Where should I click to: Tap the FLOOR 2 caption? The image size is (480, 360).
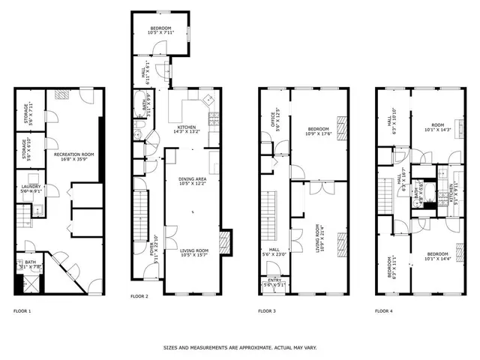[139, 296]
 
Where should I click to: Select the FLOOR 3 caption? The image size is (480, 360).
[267, 310]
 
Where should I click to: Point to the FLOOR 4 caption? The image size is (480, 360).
[385, 310]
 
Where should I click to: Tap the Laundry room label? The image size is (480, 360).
[31, 188]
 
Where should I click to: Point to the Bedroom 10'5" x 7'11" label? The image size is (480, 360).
[158, 29]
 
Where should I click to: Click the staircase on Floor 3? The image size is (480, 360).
[269, 214]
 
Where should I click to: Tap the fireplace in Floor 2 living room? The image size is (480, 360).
[224, 243]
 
